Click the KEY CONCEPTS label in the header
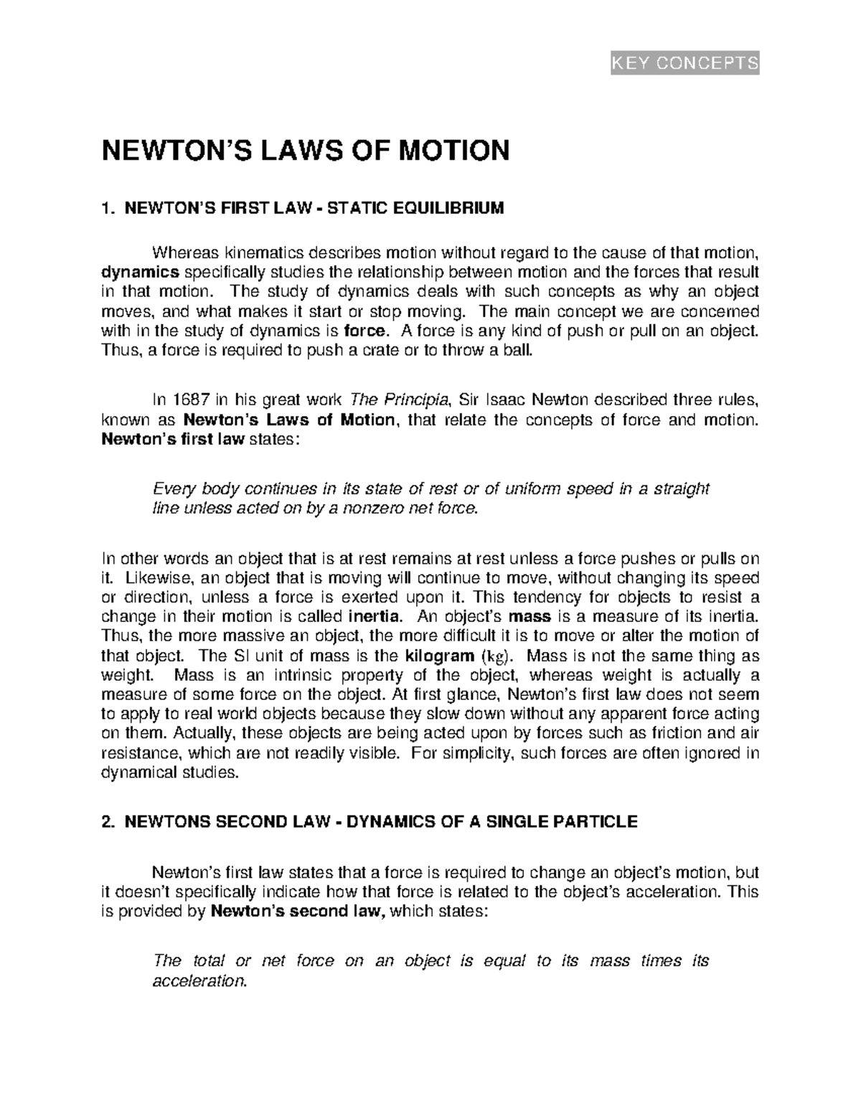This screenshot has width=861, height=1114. point(684,64)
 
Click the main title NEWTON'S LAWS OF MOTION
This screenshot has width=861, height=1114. point(306,151)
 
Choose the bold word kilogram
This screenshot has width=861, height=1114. point(440,656)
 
